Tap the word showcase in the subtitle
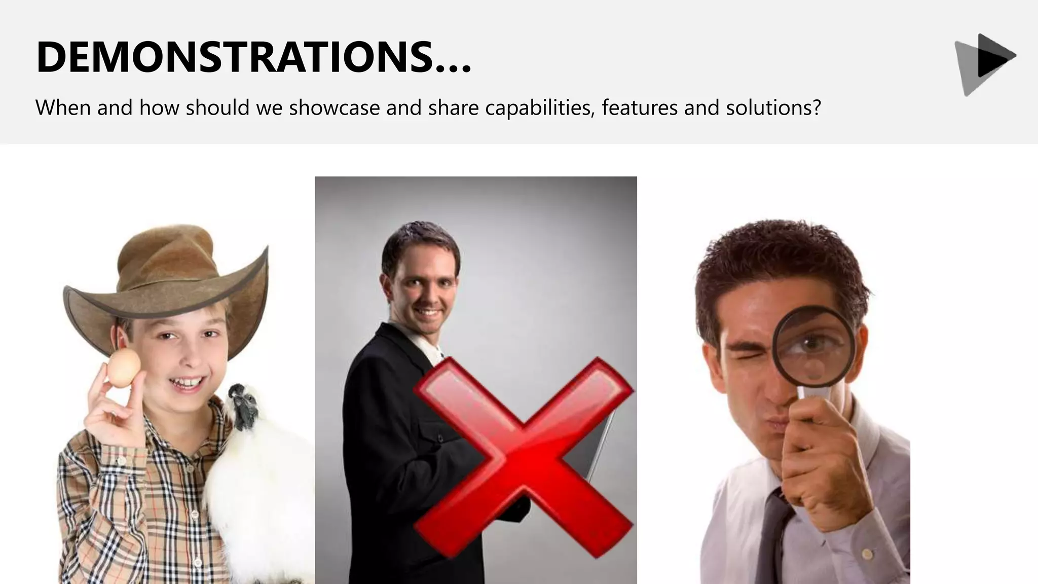(x=335, y=107)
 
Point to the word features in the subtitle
(x=640, y=107)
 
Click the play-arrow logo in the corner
(x=986, y=63)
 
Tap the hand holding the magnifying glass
(x=816, y=456)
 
